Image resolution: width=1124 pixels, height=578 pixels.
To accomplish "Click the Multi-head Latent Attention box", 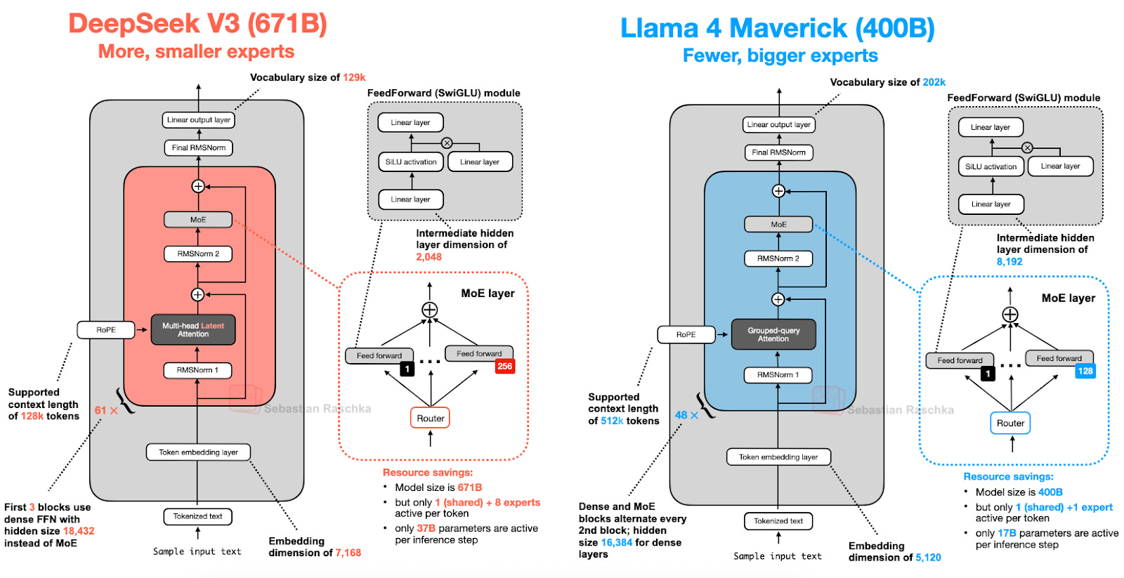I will [x=193, y=330].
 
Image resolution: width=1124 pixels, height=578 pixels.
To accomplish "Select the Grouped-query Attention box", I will [x=773, y=335].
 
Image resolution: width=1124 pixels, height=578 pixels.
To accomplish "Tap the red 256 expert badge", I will [x=504, y=367].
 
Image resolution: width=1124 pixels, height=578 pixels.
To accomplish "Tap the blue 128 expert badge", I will [x=1085, y=372].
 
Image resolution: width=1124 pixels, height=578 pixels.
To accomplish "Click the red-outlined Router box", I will [x=430, y=419].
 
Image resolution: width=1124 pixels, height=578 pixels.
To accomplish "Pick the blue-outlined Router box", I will [x=1010, y=423].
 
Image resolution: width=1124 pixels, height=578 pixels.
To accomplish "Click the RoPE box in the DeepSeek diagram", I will [x=106, y=330].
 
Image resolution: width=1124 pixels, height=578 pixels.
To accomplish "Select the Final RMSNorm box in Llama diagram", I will [x=778, y=152].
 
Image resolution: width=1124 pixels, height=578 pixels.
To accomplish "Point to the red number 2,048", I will [x=429, y=257].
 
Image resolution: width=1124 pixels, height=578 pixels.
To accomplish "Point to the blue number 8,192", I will [x=1009, y=262].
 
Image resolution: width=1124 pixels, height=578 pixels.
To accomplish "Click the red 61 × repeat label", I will [x=106, y=411].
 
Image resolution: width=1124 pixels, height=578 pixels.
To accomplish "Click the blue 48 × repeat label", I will [x=686, y=415].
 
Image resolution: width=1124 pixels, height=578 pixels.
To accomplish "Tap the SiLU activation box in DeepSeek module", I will [x=411, y=162].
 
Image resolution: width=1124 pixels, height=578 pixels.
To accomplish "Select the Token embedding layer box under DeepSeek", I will [x=198, y=452].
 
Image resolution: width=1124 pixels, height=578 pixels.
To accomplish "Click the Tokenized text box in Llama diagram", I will [x=778, y=521].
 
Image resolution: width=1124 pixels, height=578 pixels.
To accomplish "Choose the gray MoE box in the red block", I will [x=198, y=220].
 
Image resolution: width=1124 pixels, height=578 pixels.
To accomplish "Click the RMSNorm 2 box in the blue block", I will [x=778, y=258].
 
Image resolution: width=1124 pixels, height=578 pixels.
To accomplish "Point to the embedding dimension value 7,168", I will [x=348, y=553].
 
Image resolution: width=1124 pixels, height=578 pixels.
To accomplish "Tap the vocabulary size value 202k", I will [x=934, y=82].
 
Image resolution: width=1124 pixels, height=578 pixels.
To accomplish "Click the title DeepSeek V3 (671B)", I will [x=197, y=24].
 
